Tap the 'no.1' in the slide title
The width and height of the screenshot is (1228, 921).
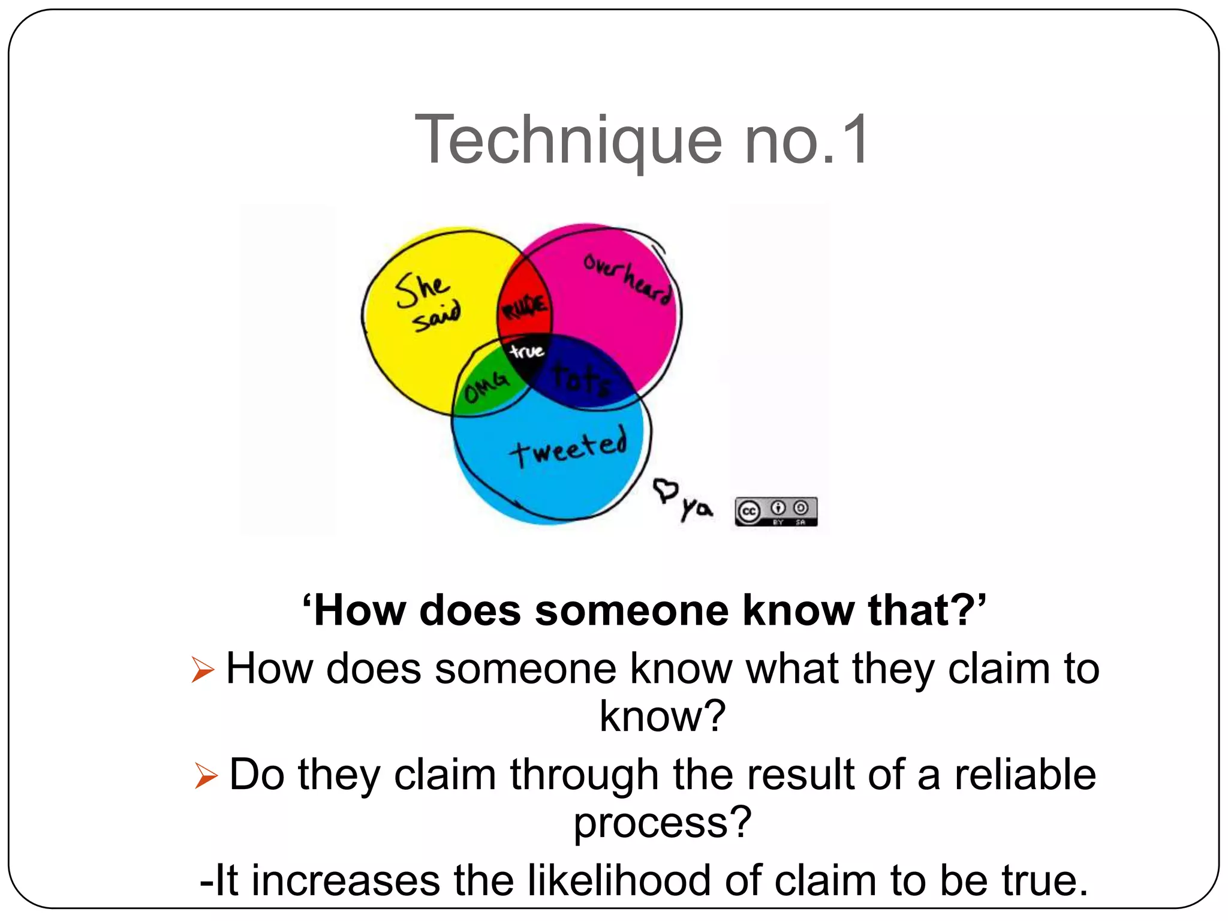pos(806,141)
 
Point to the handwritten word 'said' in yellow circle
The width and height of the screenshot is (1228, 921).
pos(437,317)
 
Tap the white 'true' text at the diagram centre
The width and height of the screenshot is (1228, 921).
pos(526,351)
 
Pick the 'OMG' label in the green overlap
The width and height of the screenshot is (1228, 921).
pos(486,387)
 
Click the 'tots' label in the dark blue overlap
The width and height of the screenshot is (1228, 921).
pos(580,379)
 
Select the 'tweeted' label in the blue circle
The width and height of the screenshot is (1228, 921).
pos(568,447)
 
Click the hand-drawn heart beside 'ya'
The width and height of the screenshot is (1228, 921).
pos(665,490)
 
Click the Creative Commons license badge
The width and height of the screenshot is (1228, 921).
pos(776,511)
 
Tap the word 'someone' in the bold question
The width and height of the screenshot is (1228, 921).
pos(631,610)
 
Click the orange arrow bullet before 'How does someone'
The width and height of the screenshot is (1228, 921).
pos(203,669)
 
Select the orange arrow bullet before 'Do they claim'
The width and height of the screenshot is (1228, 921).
pos(206,775)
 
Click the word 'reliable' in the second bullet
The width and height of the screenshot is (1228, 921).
pos(1025,774)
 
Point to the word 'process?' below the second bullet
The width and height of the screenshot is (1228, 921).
pos(663,822)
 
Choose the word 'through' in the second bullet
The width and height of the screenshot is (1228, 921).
pos(585,775)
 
